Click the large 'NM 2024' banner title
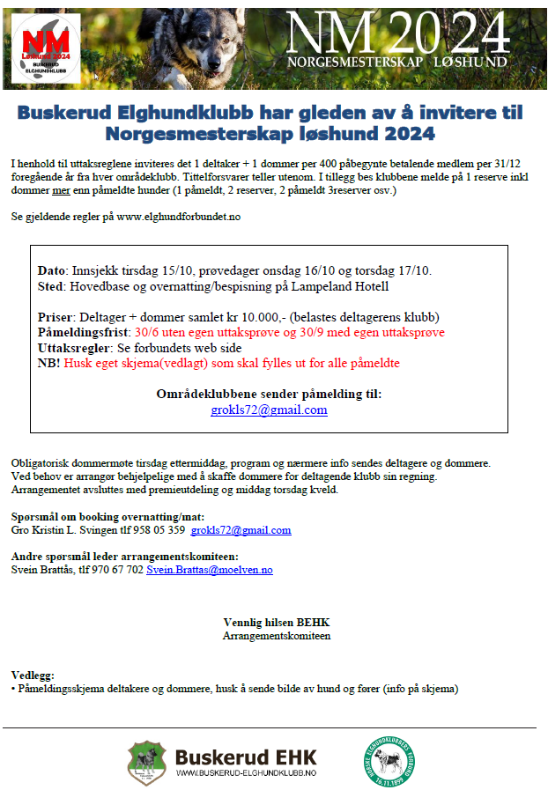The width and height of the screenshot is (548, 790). click(x=399, y=35)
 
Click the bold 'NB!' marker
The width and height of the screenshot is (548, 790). click(x=49, y=363)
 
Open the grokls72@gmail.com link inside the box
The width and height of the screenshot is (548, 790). click(x=269, y=410)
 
